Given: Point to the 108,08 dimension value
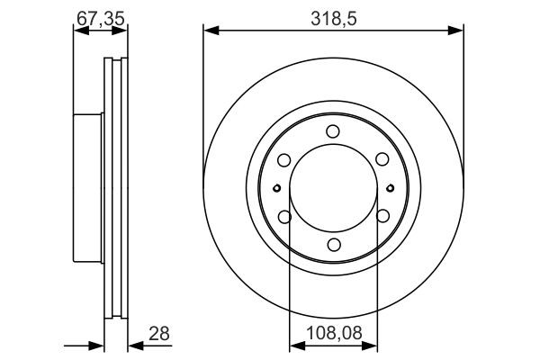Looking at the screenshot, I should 333,333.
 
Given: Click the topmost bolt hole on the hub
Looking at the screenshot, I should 333,131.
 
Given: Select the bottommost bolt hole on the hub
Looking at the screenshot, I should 333,245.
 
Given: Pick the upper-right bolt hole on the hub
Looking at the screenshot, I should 382,160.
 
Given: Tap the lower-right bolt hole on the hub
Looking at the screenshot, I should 382,217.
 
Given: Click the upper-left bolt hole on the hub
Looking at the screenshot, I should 284,160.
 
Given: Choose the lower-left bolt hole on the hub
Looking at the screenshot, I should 284,217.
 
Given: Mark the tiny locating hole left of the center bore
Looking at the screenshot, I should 277,188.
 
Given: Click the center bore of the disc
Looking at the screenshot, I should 333,188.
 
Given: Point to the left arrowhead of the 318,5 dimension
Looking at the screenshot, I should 210,31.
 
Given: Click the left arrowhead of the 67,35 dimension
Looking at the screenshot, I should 77,31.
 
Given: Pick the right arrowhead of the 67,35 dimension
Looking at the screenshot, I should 123,31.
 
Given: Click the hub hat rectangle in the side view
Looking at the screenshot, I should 89,188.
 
